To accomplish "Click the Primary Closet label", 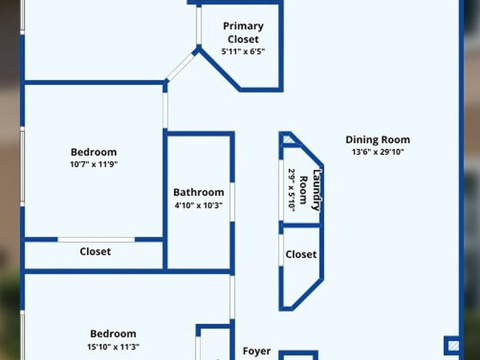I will (x=243, y=32).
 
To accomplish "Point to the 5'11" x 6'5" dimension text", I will (x=243, y=52).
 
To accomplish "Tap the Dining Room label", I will (x=377, y=140).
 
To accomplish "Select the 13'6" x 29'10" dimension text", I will (x=377, y=152).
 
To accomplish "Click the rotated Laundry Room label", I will (x=310, y=190).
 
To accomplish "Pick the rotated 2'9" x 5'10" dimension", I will (x=291, y=190).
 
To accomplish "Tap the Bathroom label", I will (x=198, y=192).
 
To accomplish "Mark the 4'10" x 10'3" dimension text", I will (x=198, y=205).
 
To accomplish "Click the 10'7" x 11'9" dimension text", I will (x=94, y=165).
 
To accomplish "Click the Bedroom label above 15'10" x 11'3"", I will (x=113, y=334).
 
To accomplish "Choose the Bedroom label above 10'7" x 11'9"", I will (x=94, y=152).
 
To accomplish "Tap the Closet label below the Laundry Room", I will (x=301, y=255).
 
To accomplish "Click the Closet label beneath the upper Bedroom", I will (x=95, y=252).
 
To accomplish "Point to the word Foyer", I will (x=256, y=351).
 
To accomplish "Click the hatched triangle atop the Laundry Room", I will (x=287, y=139).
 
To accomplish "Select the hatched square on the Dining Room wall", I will (x=452, y=346).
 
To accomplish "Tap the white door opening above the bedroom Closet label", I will (x=96, y=240).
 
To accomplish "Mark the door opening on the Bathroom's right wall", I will (x=232, y=202).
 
